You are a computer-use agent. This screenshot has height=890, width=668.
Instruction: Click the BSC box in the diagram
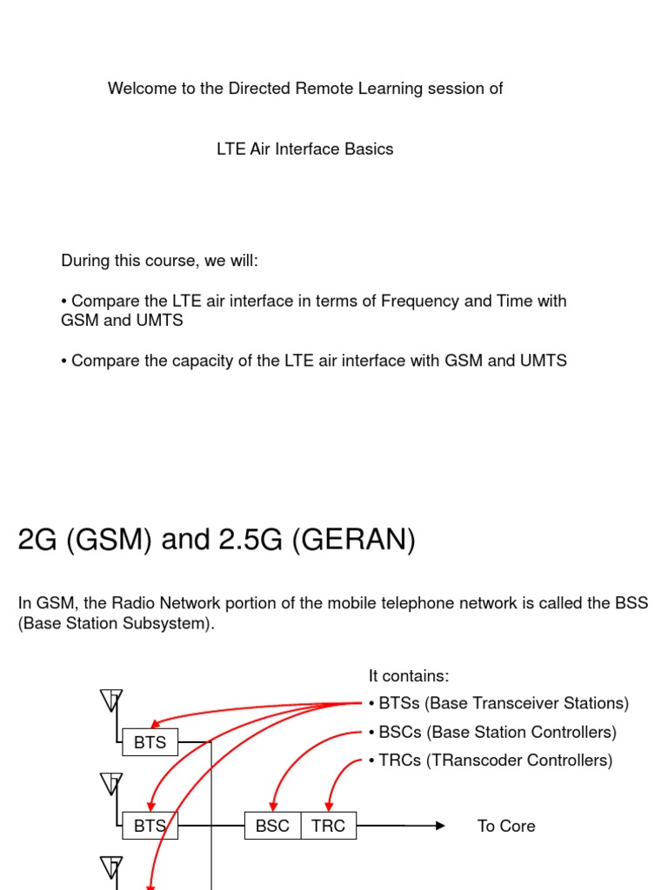[x=273, y=826]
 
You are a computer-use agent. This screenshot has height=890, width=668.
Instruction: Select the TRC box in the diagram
[x=329, y=826]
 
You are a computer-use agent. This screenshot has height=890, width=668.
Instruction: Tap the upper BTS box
[x=150, y=743]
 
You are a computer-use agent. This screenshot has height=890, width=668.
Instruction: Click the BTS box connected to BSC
[x=150, y=826]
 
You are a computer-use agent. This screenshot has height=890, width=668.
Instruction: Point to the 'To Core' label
[x=506, y=826]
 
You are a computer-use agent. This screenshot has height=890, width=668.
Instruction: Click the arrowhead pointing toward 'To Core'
[x=440, y=826]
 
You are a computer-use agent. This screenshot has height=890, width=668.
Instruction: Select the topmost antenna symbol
[x=111, y=701]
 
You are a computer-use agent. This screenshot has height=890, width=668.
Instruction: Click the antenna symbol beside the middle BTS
[x=111, y=784]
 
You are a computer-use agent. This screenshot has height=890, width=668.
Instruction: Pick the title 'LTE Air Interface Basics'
[x=304, y=149]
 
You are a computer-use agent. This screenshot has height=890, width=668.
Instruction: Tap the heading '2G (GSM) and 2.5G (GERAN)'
[x=217, y=541]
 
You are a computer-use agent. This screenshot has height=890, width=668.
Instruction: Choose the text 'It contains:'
[x=409, y=676]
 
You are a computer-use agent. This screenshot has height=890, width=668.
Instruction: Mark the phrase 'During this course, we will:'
[x=159, y=261]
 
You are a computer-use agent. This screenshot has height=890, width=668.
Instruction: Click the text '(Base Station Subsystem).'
[x=116, y=624]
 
